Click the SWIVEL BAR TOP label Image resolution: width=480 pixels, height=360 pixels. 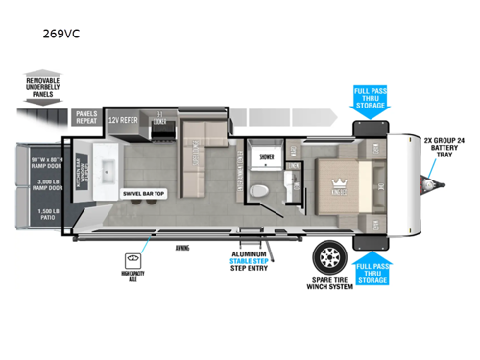[x=143, y=193]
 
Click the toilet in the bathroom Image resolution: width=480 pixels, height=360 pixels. [x=257, y=191]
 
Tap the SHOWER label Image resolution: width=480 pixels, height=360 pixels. [x=265, y=155]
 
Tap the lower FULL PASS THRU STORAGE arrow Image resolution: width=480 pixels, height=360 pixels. [x=371, y=272]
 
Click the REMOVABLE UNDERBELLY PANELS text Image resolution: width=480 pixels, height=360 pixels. [x=44, y=87]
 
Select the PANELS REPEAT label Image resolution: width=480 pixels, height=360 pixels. [x=86, y=118]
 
